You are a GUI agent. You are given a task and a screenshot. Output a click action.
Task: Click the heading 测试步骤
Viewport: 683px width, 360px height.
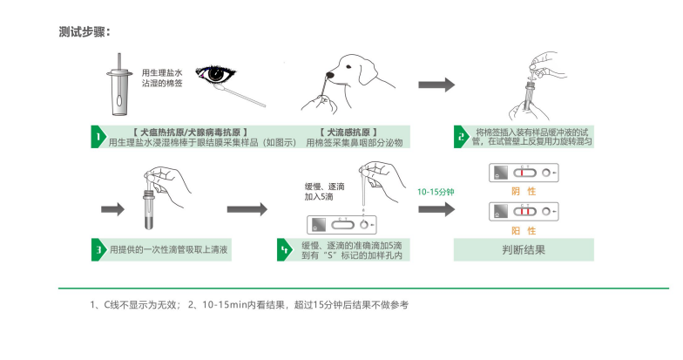[x=85, y=32]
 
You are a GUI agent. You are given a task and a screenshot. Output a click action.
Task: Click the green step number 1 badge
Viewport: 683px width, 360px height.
[x=99, y=137]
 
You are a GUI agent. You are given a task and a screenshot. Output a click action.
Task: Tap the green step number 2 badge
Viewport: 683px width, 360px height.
[x=461, y=137]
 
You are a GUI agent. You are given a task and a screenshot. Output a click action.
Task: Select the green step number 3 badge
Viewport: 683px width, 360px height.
[x=99, y=250]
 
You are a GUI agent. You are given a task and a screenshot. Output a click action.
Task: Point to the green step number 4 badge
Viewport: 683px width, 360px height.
[x=284, y=250]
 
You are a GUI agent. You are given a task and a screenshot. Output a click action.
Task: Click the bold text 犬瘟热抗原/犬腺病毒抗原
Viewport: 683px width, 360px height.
[x=189, y=130]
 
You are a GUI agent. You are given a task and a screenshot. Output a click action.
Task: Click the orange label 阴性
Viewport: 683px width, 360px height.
[x=524, y=189]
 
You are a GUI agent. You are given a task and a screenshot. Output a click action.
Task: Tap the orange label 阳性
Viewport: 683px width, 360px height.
[x=524, y=230]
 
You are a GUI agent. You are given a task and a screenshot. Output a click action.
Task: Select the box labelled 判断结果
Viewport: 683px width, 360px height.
[x=524, y=250]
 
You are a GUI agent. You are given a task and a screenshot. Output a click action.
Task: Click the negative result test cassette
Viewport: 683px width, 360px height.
[x=524, y=172]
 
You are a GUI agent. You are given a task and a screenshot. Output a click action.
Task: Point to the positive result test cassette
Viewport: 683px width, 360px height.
[x=524, y=212]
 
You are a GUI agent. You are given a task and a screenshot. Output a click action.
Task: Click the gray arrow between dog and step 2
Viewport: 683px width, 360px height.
[x=436, y=85]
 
